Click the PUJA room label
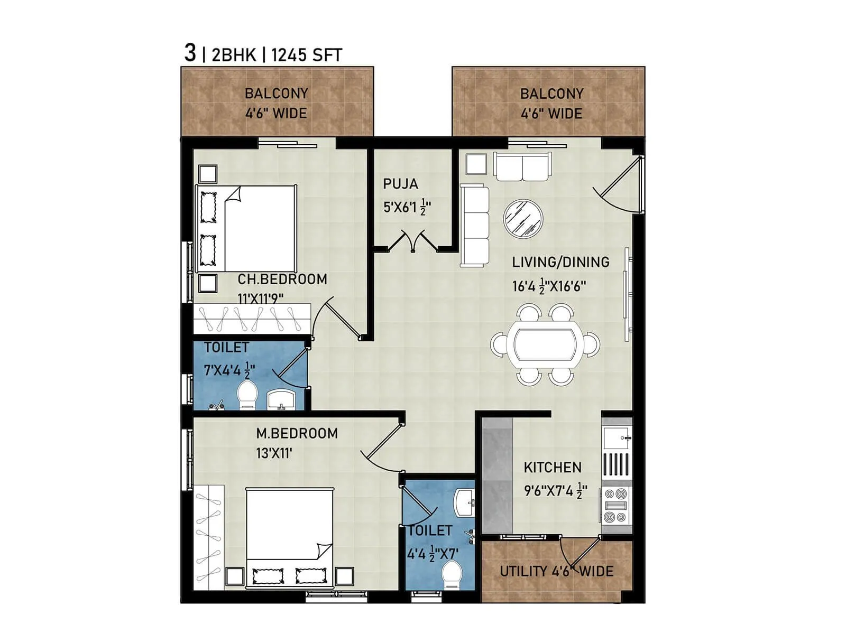pyautogui.click(x=400, y=184)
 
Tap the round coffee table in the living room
pyautogui.click(x=523, y=218)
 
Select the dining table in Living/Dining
pyautogui.click(x=545, y=344)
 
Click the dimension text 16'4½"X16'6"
pyautogui.click(x=549, y=286)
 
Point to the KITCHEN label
pyautogui.click(x=553, y=467)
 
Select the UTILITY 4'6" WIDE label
pyautogui.click(x=557, y=571)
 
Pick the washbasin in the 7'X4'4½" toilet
pyautogui.click(x=281, y=399)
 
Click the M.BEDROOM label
pyautogui.click(x=297, y=433)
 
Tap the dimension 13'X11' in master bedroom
pyautogui.click(x=274, y=453)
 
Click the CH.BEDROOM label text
pyautogui.click(x=282, y=279)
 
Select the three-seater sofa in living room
pyautogui.click(x=475, y=225)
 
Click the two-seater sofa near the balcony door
pyautogui.click(x=522, y=167)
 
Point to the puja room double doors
pyautogui.click(x=413, y=241)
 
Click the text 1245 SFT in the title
pyautogui.click(x=307, y=55)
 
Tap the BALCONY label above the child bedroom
pyautogui.click(x=276, y=94)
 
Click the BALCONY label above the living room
pyautogui.click(x=551, y=94)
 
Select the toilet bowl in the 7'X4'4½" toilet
pyautogui.click(x=247, y=395)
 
